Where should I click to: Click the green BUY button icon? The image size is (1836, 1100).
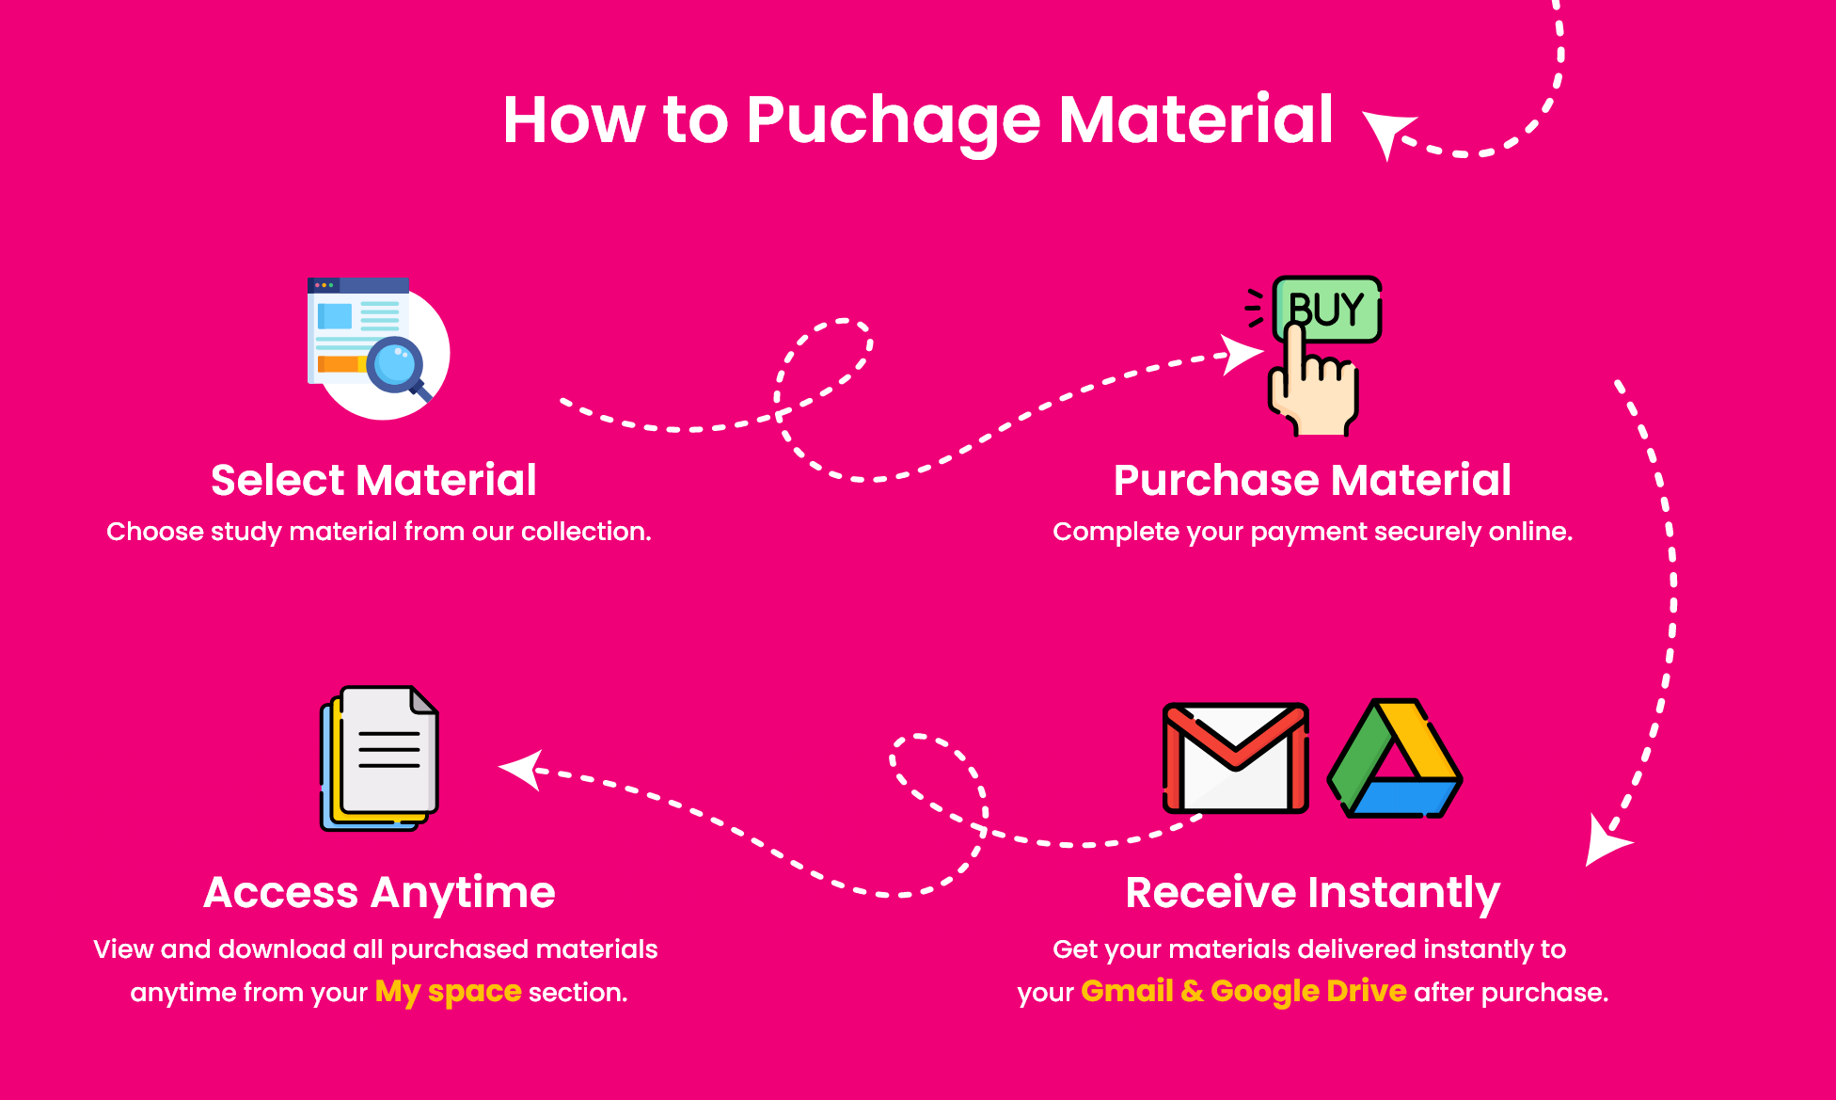(x=1327, y=309)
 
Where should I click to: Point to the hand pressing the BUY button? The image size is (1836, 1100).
(x=1313, y=380)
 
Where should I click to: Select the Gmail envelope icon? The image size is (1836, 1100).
(x=1236, y=757)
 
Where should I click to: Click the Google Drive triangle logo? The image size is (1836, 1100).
(x=1395, y=758)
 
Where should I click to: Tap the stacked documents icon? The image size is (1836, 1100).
(x=380, y=758)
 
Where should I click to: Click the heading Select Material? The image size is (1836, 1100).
(x=373, y=480)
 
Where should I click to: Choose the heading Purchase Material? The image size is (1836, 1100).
(x=1312, y=480)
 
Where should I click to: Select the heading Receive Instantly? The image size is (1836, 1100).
(x=1313, y=893)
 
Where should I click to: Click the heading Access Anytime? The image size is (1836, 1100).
(x=379, y=893)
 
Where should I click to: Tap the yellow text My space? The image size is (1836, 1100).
(x=448, y=992)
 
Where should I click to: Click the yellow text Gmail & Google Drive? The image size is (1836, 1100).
(x=1243, y=991)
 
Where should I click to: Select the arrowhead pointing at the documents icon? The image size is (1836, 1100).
(x=521, y=770)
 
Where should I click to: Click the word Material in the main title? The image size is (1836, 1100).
(x=1196, y=120)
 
